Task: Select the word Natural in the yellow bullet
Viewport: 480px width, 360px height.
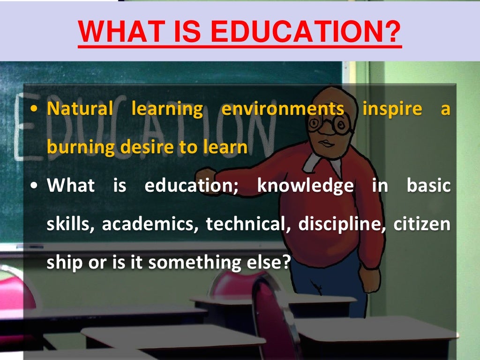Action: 80,109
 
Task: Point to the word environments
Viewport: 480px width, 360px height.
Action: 282,109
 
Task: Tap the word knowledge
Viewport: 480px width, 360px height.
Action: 305,186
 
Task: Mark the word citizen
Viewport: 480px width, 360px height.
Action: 422,225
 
